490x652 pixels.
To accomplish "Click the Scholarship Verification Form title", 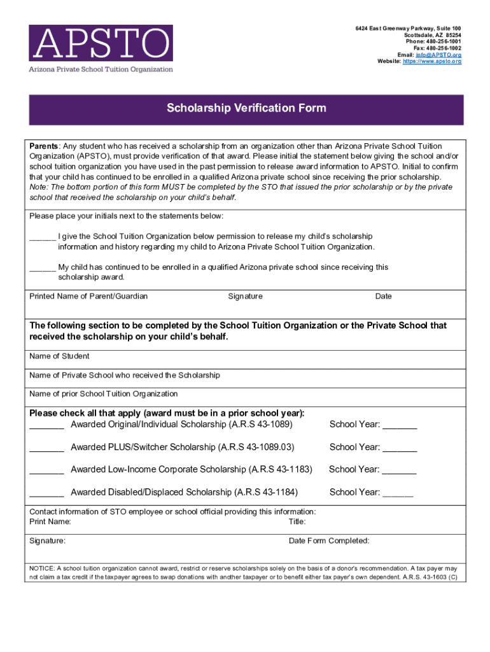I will point(246,108).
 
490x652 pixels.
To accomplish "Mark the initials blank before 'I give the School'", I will point(43,237).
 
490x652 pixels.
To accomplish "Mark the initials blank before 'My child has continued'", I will point(43,268).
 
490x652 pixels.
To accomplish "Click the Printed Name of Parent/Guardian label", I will point(88,296).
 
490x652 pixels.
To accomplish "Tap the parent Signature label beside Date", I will point(245,296).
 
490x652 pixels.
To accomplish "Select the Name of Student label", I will point(59,356).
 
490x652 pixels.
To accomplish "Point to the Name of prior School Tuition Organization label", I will point(104,393).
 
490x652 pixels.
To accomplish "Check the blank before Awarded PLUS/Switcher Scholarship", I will point(46,448).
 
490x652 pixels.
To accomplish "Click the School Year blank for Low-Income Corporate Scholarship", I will point(400,471).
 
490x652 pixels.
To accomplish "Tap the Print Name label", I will point(50,521).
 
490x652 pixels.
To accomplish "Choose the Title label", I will point(297,521).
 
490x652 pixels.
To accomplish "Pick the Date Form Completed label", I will point(329,541).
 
